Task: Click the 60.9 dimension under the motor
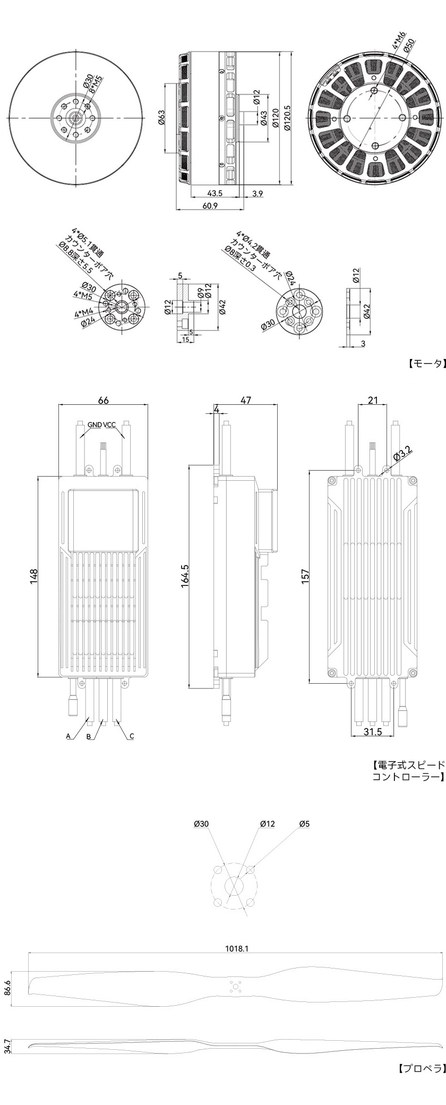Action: [210, 206]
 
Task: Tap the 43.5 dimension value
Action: [215, 193]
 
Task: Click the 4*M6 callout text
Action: [399, 40]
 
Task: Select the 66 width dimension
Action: [104, 399]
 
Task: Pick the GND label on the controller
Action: [95, 424]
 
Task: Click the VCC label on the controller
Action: [109, 424]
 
